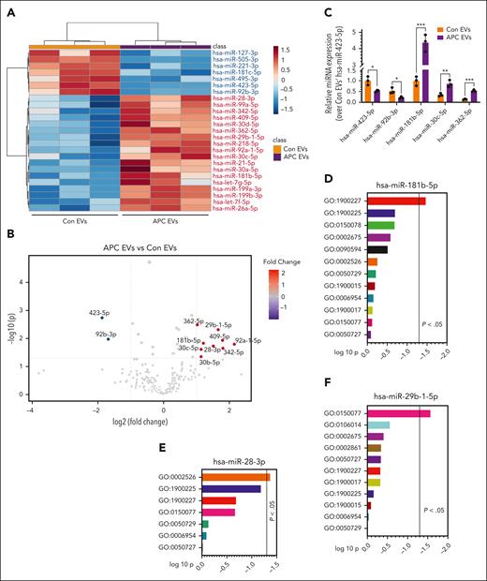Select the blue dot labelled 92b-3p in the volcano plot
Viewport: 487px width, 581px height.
(108, 338)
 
